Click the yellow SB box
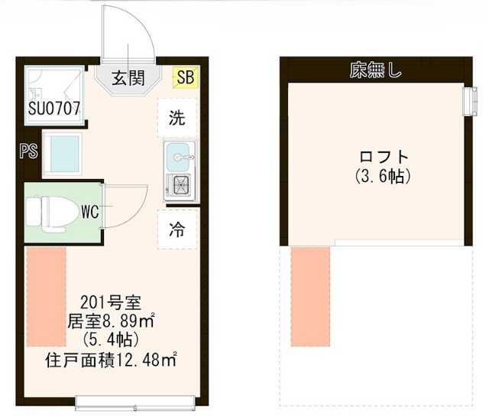(x=186, y=77)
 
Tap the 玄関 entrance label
(x=128, y=78)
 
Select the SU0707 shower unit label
(x=54, y=109)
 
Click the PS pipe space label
(x=29, y=151)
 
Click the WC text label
(x=90, y=212)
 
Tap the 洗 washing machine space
(x=177, y=118)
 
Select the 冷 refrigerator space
(x=177, y=230)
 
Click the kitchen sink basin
(x=178, y=157)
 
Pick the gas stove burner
(x=181, y=185)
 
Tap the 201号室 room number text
(x=111, y=302)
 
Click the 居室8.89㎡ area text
(x=111, y=321)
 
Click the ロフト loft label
(x=384, y=157)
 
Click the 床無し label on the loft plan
(x=376, y=70)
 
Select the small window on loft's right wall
(x=470, y=102)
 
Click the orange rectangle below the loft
(x=310, y=297)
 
